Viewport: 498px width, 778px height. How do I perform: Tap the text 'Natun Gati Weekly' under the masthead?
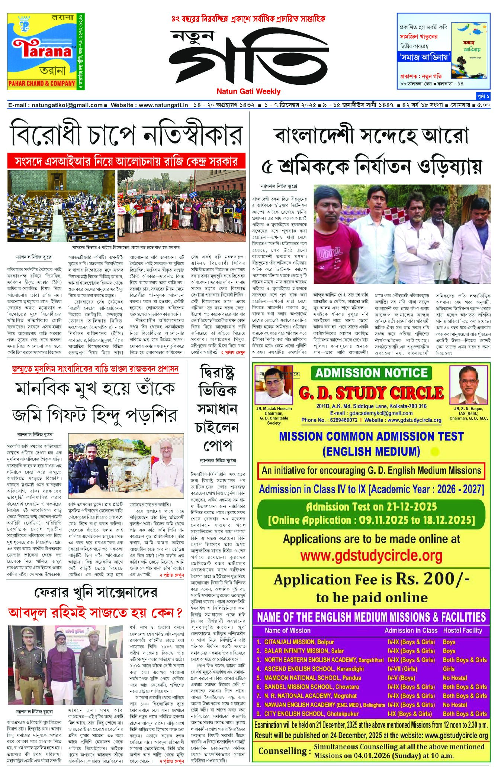pos(249,91)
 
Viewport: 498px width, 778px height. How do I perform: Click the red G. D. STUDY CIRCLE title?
pos(371,393)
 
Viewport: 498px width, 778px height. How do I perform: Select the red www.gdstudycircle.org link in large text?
pos(371,555)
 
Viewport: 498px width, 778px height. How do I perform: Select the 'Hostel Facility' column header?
pos(462,630)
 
